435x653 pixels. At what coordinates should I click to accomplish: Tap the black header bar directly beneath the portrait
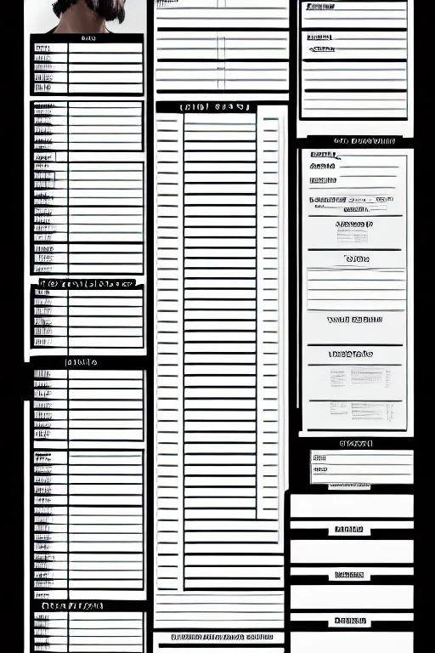[x=87, y=38]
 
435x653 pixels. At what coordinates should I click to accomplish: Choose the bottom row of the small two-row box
[x=362, y=469]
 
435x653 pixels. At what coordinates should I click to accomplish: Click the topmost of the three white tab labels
[x=349, y=530]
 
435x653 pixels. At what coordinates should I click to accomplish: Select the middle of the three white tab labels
[x=349, y=576]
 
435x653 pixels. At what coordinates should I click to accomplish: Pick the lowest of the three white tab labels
[x=349, y=622]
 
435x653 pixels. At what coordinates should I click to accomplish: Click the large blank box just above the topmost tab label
[x=351, y=507]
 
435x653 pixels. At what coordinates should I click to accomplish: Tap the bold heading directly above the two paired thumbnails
[x=350, y=354]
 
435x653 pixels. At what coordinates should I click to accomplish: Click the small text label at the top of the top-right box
[x=318, y=7]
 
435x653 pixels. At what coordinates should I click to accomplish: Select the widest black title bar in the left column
[x=87, y=283]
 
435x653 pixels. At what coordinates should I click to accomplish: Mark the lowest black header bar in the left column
[x=81, y=606]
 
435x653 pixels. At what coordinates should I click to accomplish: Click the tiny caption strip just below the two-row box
[x=349, y=486]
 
